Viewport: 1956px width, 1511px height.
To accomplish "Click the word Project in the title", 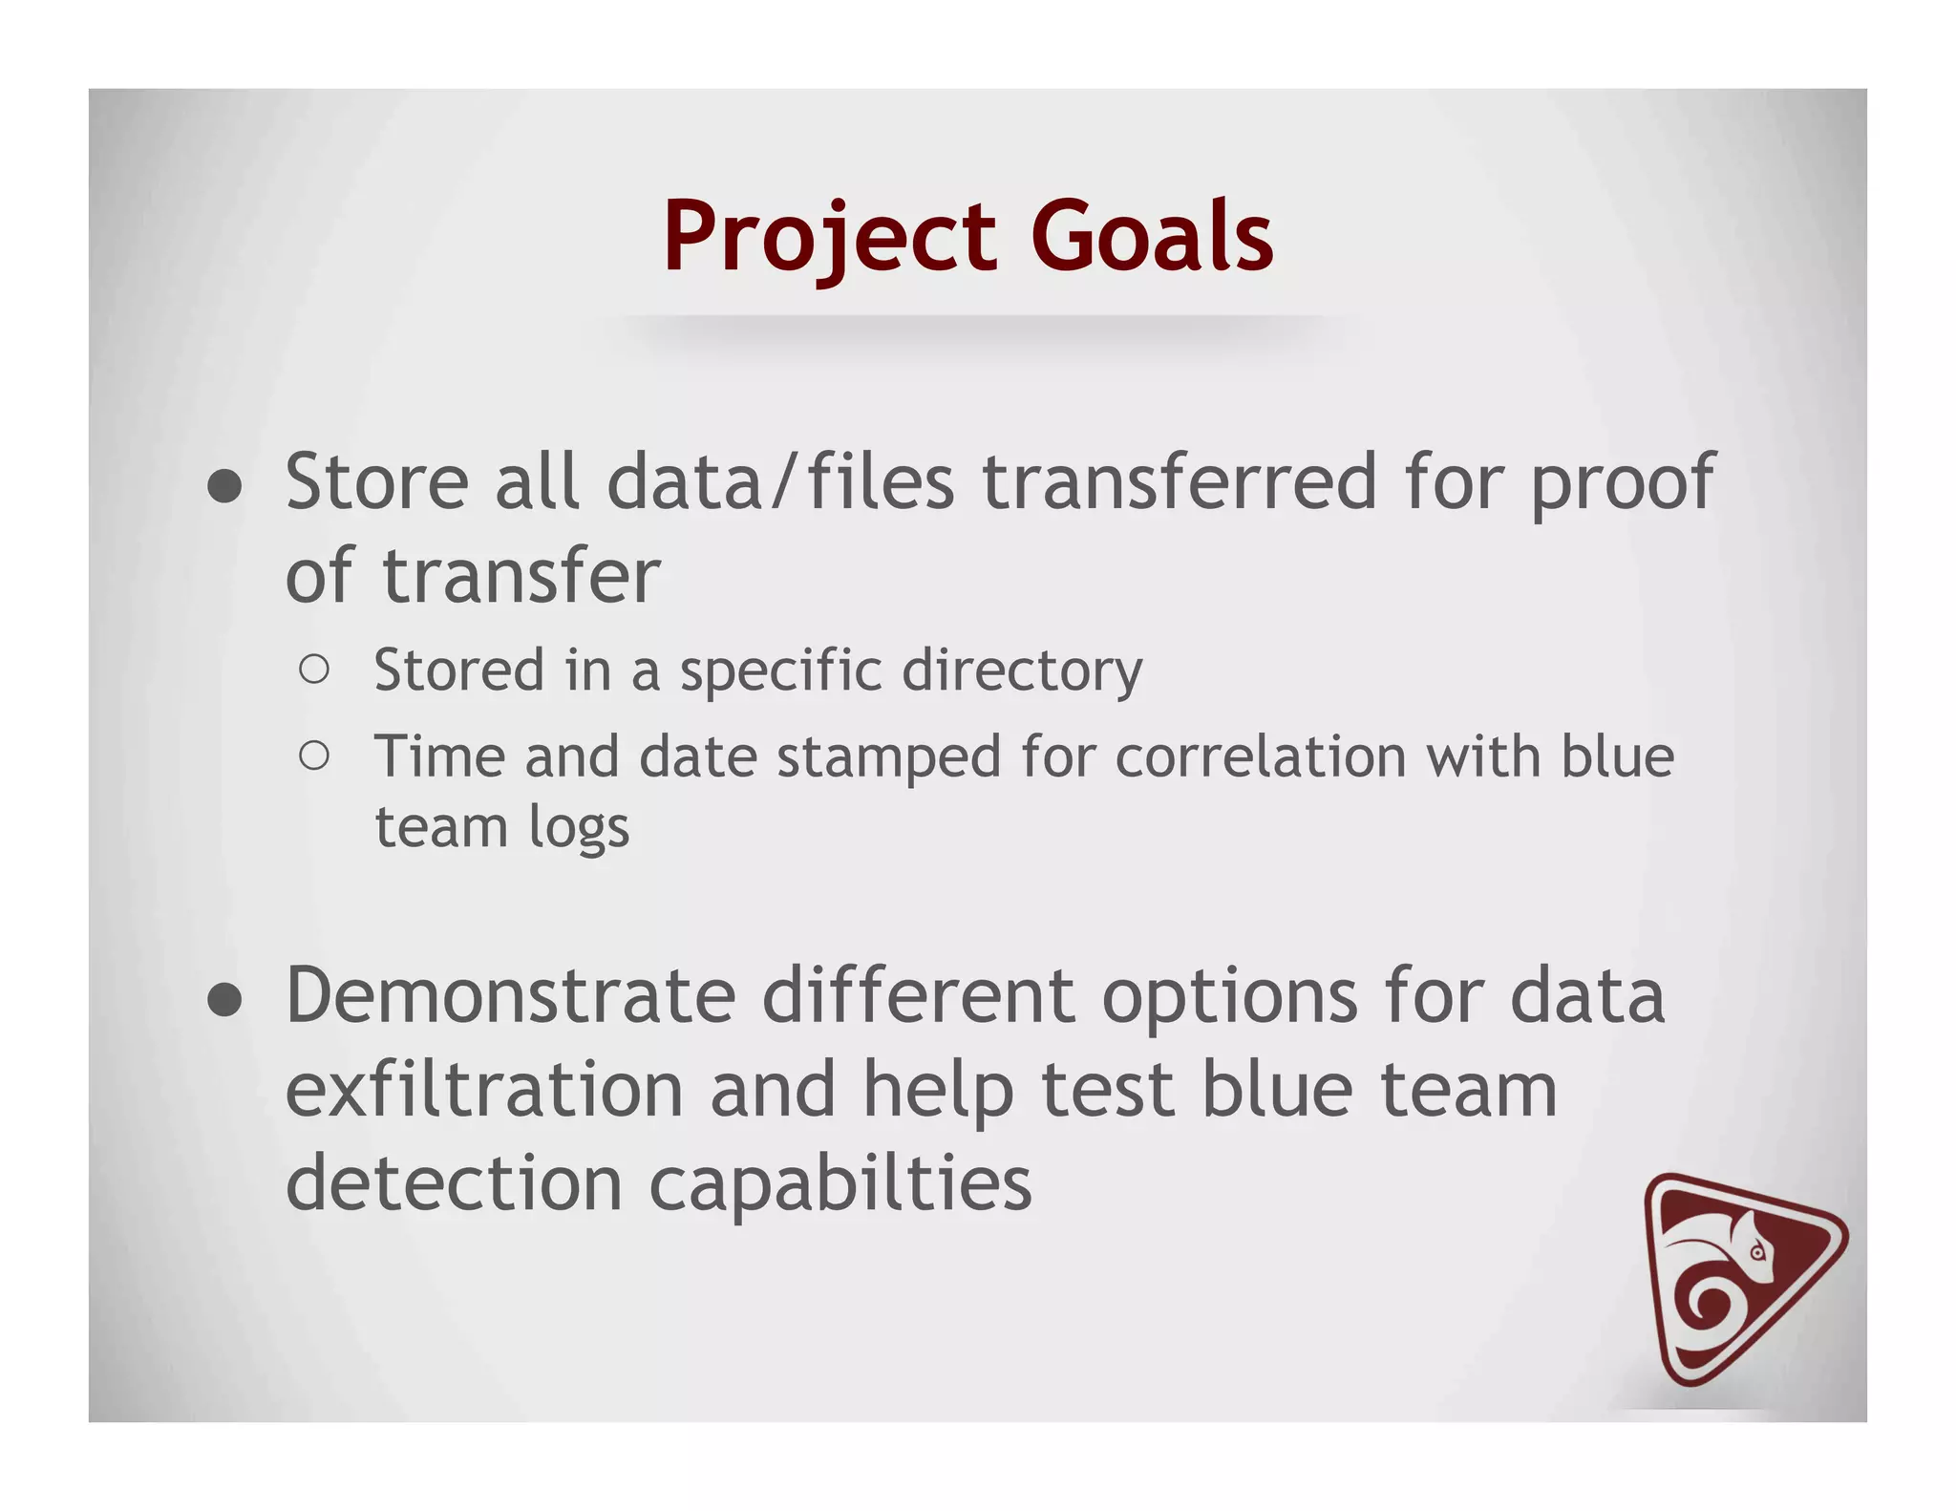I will [829, 237].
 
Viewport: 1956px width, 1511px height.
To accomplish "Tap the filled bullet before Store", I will [224, 486].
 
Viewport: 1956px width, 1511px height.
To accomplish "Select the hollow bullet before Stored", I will [314, 670].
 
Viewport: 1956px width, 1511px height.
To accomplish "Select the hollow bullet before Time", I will [314, 756].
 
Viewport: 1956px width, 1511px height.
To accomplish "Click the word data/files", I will [780, 482].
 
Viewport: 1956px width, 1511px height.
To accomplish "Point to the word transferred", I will [1180, 482].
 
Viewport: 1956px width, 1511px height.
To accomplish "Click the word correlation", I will [1261, 757].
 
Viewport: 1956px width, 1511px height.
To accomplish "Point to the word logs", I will [579, 828].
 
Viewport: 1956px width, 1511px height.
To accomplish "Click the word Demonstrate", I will [510, 996].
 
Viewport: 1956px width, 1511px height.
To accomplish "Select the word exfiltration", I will [484, 1090].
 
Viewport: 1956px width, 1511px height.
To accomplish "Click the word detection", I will [455, 1183].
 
